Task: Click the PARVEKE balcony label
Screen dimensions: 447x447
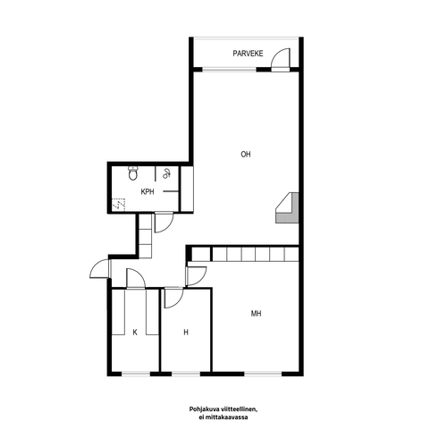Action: click(x=248, y=54)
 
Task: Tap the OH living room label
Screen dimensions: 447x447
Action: click(x=246, y=155)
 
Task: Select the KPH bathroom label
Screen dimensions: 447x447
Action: click(x=148, y=192)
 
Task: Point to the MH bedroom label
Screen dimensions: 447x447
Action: click(x=257, y=314)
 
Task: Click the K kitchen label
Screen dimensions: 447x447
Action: click(x=135, y=332)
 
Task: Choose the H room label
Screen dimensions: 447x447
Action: click(x=186, y=332)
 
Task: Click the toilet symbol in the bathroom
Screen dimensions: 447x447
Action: click(x=133, y=173)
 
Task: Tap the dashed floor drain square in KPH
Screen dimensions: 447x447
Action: click(x=118, y=204)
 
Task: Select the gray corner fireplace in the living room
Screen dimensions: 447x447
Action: click(x=287, y=207)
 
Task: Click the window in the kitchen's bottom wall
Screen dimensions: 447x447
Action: click(x=136, y=374)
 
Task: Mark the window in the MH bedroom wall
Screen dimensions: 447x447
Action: click(x=263, y=374)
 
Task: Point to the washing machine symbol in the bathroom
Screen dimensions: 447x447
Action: click(x=166, y=173)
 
